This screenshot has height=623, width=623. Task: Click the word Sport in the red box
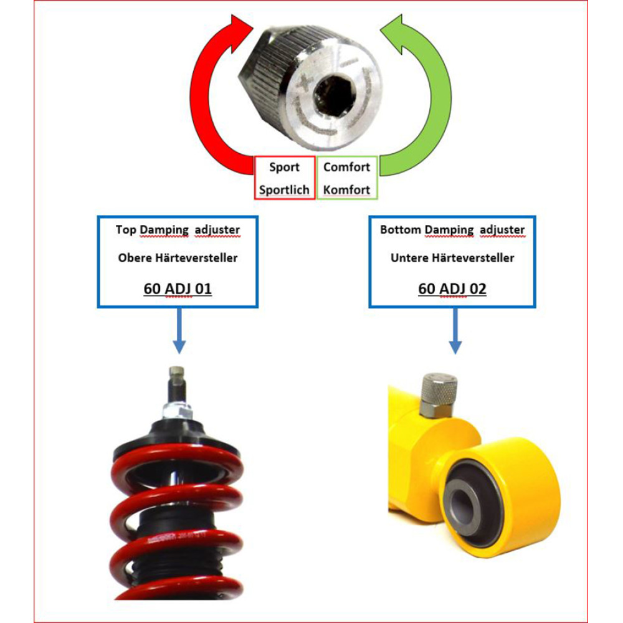284,167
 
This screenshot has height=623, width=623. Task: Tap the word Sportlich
284,190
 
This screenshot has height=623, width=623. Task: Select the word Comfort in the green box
346,167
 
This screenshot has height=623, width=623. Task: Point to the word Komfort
346,190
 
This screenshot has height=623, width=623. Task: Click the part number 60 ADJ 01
178,288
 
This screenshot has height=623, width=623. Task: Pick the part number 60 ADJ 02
452,288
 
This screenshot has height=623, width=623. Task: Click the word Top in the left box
126,230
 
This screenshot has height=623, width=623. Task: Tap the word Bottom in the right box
401,230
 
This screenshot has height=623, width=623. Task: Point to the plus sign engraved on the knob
305,83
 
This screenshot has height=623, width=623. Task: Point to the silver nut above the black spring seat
178,411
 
